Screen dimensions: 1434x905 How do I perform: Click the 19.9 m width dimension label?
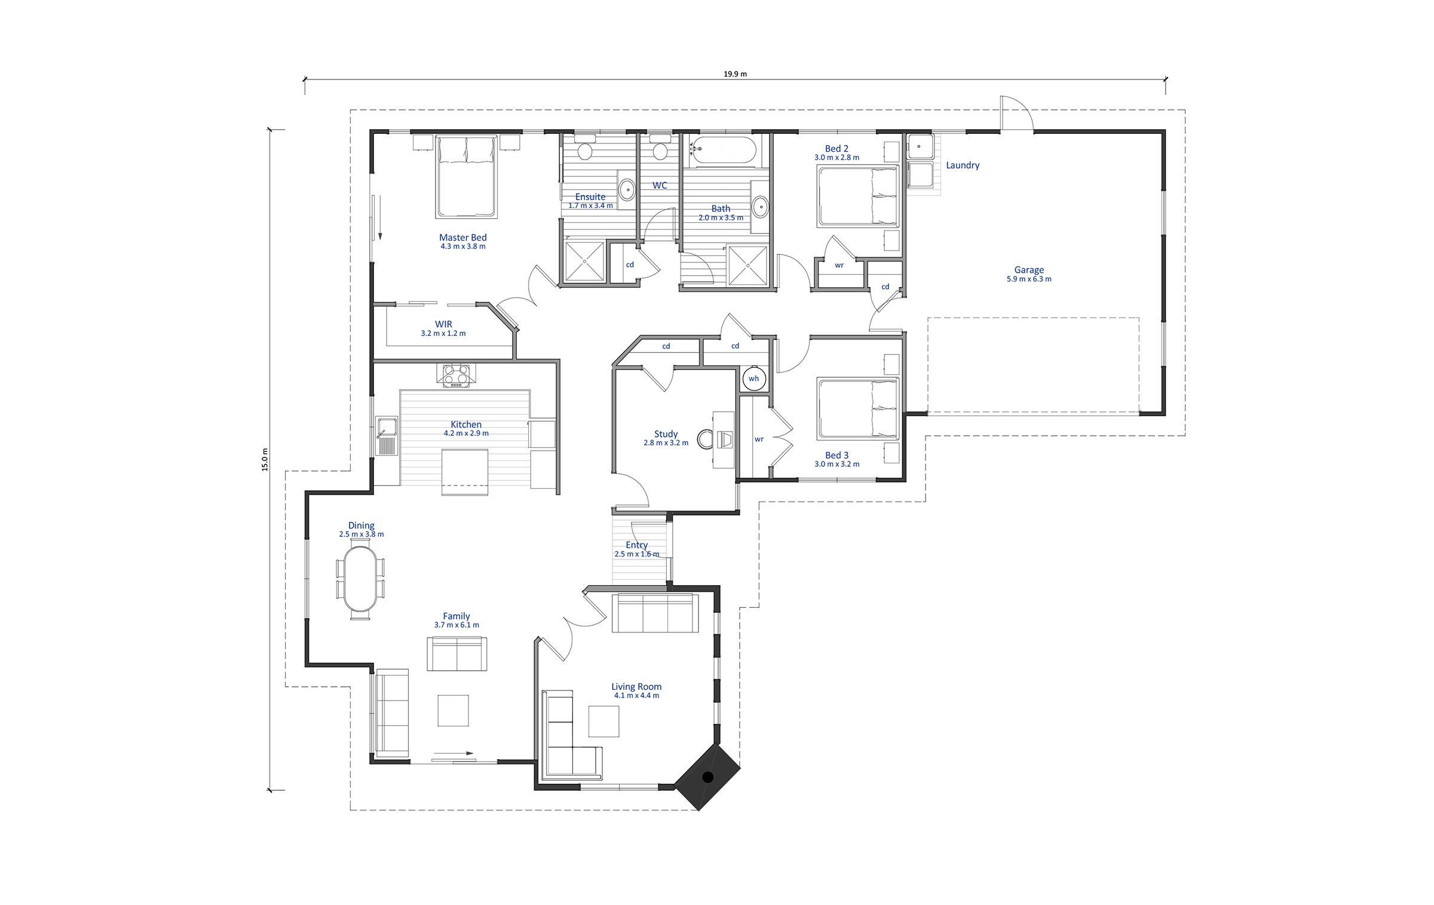tap(735, 74)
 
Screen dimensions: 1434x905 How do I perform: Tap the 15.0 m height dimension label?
tap(265, 459)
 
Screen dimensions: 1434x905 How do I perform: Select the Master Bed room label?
tap(462, 237)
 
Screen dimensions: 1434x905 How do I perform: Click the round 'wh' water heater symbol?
tap(754, 378)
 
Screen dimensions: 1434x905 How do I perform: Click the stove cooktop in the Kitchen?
tap(456, 375)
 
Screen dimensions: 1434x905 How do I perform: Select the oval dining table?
tap(360, 579)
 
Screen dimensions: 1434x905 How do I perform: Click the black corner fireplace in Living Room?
tap(707, 777)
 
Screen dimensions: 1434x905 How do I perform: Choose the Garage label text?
tap(1029, 270)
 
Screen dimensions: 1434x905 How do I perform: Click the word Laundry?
tap(963, 165)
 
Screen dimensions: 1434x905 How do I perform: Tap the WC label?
tap(660, 185)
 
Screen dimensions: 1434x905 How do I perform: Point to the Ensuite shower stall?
tap(584, 262)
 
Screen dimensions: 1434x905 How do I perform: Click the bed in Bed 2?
tap(857, 197)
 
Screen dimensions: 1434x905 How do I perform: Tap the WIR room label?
tap(443, 324)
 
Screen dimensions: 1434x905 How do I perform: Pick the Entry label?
tap(637, 545)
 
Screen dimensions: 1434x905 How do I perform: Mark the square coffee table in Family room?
tap(453, 710)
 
